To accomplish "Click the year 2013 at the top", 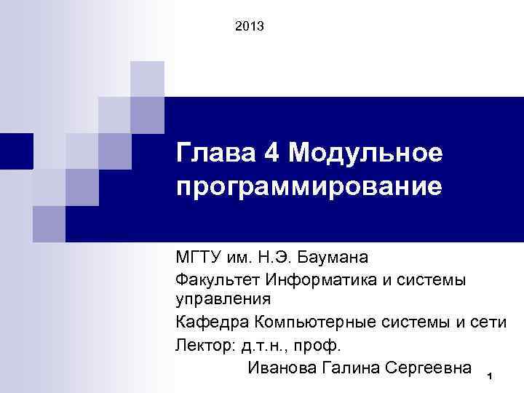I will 250,28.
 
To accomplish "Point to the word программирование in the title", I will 309,187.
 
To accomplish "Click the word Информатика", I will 314,279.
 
